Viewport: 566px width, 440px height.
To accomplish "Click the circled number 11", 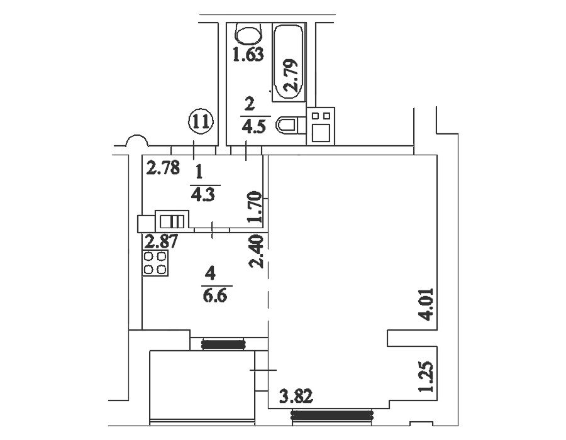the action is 201,122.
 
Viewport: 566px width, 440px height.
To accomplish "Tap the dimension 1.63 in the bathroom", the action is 248,55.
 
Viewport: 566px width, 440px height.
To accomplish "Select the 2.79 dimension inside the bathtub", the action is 291,75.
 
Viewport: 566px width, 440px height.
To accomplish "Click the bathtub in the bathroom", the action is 289,62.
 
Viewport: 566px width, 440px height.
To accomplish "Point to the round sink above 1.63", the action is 248,35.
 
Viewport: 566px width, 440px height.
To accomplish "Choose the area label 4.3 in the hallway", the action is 203,195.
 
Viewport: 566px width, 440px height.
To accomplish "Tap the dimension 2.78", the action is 162,168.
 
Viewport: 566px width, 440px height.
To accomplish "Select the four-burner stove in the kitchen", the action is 155,263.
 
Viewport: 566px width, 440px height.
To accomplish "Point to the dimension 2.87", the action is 161,241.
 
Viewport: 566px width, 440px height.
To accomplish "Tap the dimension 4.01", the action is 428,304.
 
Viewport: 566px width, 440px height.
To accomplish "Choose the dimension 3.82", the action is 296,397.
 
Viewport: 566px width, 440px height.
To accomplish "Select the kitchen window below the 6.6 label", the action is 223,344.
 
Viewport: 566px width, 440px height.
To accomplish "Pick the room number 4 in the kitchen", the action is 210,273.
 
